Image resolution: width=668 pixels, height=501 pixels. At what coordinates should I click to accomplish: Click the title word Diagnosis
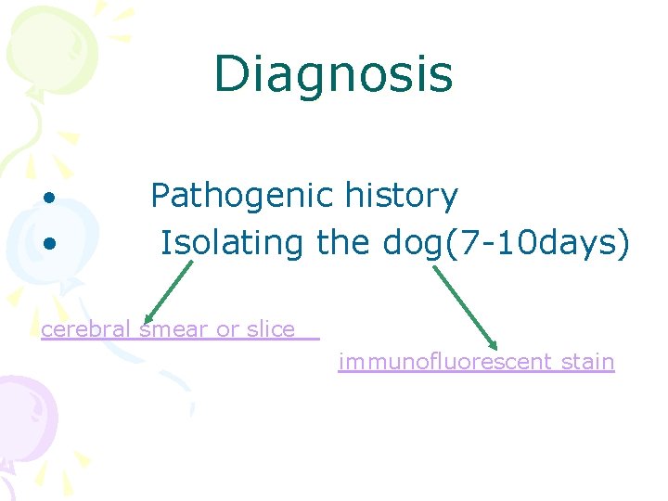pos(333,75)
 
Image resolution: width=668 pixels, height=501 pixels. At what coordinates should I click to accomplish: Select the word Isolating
pos(231,243)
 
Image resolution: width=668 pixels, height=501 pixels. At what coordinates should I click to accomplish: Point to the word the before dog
pos(344,243)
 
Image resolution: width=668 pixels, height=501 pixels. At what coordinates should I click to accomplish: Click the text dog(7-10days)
pos(506,243)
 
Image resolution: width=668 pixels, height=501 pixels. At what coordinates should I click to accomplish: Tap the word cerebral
pos(85,329)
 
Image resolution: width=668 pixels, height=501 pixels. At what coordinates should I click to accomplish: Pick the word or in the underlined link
pos(227,329)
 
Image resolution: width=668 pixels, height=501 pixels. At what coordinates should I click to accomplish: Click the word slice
pos(270,329)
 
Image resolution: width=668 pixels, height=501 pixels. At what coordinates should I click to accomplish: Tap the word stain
pos(587,362)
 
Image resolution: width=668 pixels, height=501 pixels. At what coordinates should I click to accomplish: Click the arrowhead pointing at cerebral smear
pos(146,318)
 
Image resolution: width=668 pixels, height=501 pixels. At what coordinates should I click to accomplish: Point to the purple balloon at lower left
pos(23,417)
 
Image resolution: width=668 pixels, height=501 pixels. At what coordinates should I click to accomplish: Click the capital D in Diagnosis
pos(230,75)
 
